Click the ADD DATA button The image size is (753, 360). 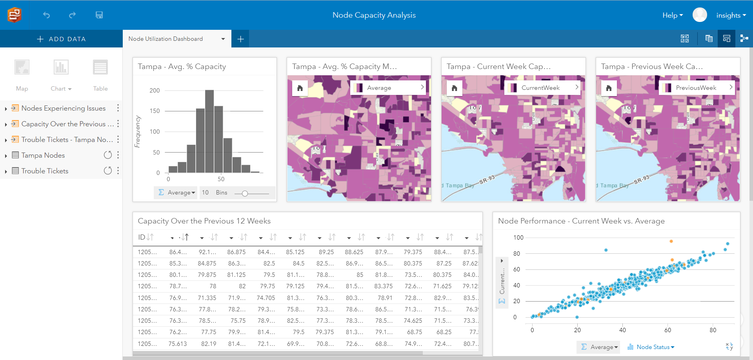click(x=61, y=39)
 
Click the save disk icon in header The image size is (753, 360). click(x=99, y=15)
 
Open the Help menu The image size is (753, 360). click(x=672, y=15)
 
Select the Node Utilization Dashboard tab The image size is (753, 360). click(x=166, y=39)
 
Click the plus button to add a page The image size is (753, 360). click(x=240, y=39)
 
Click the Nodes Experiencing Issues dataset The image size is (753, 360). click(x=63, y=108)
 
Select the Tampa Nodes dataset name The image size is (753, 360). click(x=43, y=155)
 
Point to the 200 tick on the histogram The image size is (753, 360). click(x=155, y=91)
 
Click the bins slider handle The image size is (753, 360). click(x=245, y=193)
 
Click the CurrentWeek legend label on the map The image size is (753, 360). click(x=540, y=88)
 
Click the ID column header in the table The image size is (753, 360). click(x=142, y=237)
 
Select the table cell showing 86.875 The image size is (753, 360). click(x=236, y=252)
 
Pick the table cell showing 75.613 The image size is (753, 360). click(x=177, y=344)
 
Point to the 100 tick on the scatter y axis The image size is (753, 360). click(x=518, y=238)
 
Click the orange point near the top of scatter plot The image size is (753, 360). click(x=671, y=241)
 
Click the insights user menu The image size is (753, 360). click(x=731, y=15)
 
